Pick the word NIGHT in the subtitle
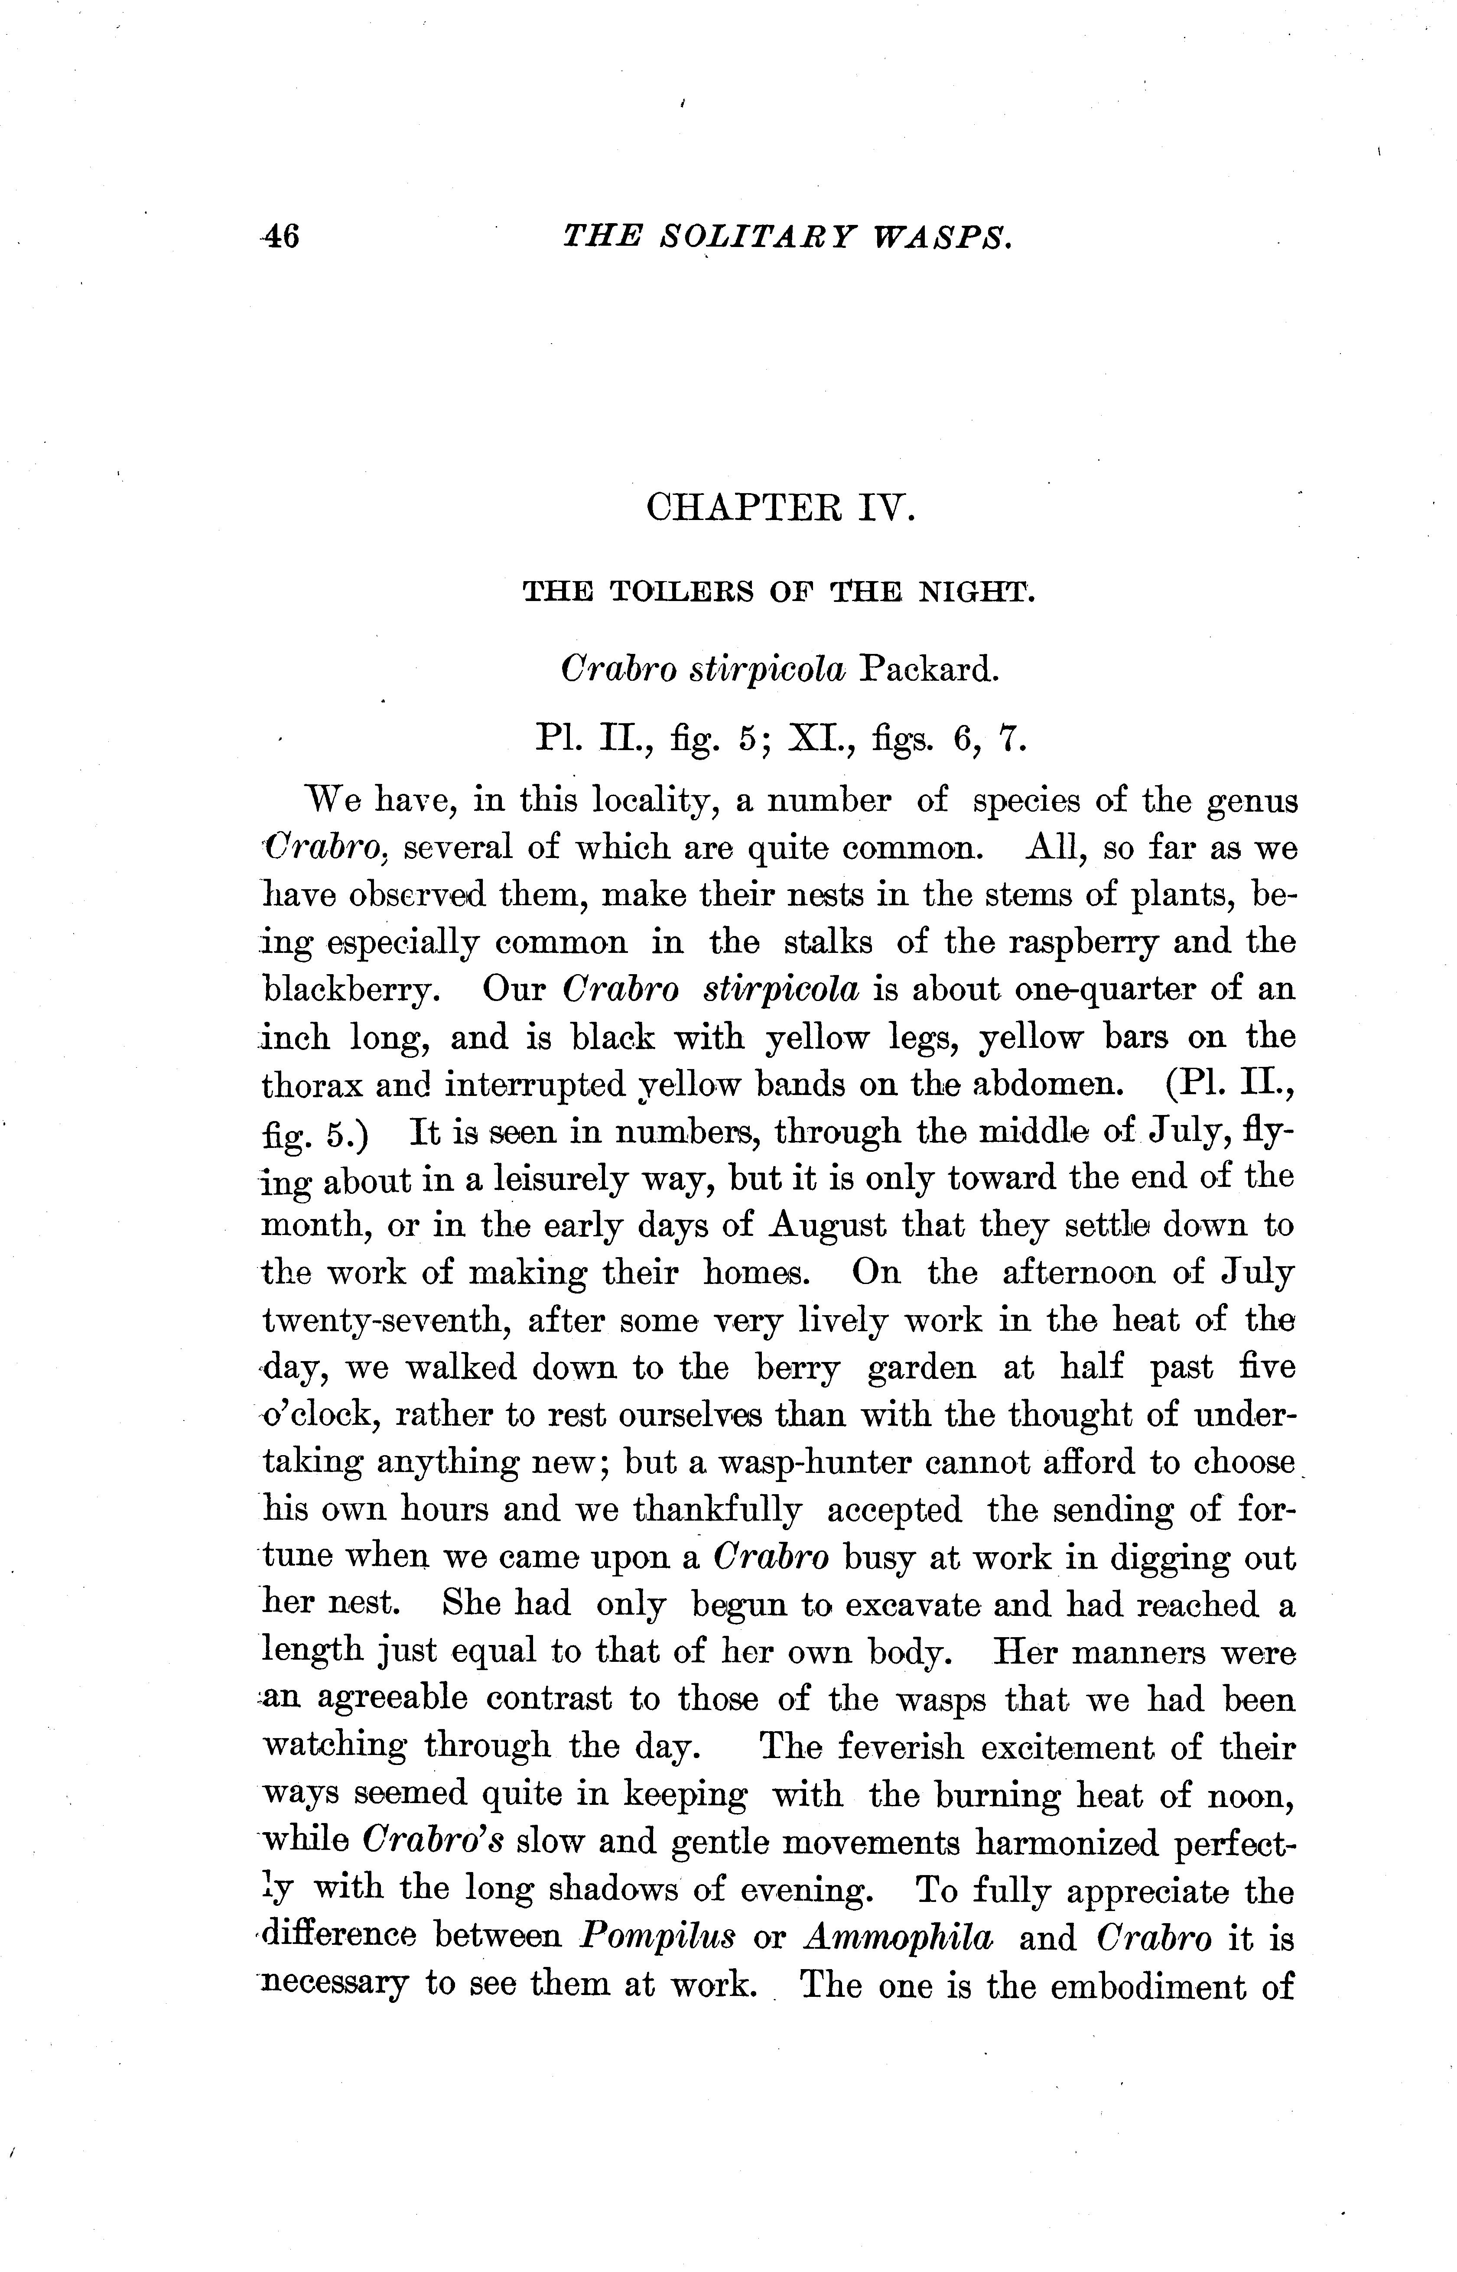[984, 593]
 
